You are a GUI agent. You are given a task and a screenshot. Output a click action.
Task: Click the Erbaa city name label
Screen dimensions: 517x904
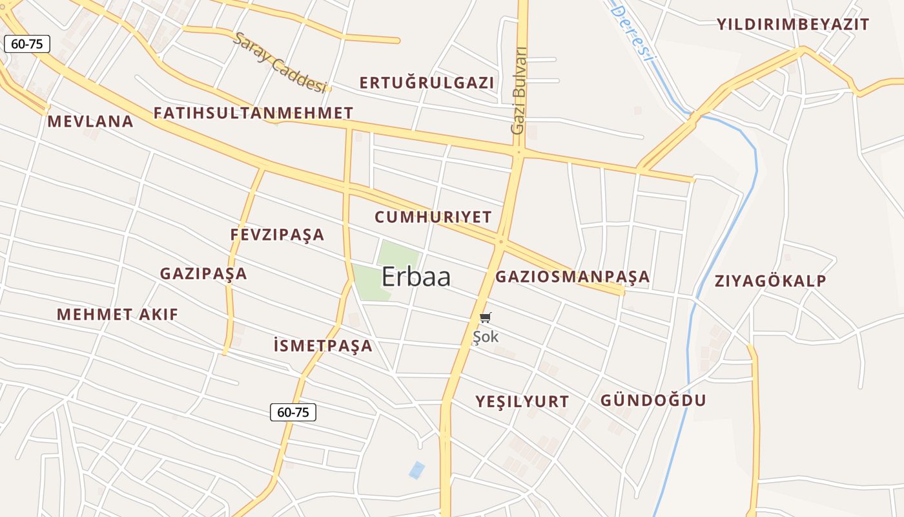(416, 277)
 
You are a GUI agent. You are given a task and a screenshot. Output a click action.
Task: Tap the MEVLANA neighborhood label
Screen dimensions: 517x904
(90, 121)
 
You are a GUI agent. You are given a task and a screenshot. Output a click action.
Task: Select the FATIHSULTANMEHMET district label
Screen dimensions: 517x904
(253, 113)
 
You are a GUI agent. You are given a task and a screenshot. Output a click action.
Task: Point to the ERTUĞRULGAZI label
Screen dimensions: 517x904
(427, 83)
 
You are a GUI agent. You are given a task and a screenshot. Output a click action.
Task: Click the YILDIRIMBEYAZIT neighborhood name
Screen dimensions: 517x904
(793, 25)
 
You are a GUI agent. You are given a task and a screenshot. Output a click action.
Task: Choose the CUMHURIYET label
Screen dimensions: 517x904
(433, 217)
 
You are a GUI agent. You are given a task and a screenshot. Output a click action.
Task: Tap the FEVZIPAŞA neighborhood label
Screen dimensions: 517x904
(277, 235)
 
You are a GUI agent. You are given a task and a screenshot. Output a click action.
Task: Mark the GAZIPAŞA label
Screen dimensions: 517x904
(203, 273)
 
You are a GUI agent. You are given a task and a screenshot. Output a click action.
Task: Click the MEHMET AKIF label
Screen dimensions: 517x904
(118, 315)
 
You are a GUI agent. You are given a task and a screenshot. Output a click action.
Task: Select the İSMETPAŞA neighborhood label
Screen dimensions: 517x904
(323, 346)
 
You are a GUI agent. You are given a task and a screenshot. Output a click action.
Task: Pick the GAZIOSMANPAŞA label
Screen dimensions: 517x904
(572, 277)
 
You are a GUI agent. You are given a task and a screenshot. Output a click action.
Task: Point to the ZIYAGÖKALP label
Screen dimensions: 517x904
(770, 281)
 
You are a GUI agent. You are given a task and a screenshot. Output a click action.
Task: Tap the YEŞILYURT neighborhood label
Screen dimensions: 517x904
(522, 401)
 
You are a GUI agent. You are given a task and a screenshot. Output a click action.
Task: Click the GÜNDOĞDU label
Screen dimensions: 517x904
(653, 400)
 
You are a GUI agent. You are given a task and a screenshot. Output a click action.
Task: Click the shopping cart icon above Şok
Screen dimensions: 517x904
(486, 317)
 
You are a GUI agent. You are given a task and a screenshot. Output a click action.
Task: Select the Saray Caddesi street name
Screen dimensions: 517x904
(280, 62)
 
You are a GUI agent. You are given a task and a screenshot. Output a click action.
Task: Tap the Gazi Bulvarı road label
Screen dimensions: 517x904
(519, 90)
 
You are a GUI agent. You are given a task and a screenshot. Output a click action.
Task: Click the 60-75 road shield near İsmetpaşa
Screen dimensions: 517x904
(293, 412)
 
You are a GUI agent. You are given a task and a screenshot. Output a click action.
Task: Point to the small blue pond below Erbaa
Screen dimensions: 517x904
(417, 470)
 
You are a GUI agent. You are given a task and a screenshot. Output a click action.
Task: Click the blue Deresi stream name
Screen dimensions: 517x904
(632, 30)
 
